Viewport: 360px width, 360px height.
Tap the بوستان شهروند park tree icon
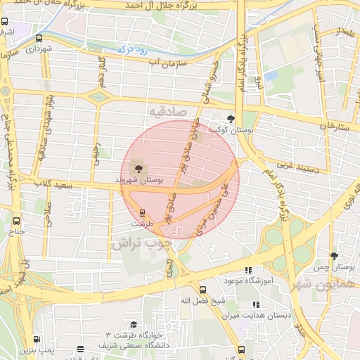tap(137, 168)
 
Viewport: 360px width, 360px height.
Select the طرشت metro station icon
tap(142, 212)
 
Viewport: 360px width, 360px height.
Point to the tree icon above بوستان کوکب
tap(232, 119)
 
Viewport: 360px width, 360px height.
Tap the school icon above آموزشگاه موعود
tap(247, 269)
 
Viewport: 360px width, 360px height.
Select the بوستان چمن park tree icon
tap(333, 256)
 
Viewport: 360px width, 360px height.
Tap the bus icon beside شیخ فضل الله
tap(202, 290)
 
